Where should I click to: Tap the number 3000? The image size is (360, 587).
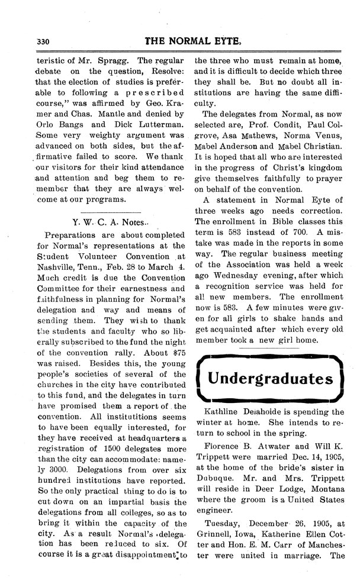point(54,474)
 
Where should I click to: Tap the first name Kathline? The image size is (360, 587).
point(223,412)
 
